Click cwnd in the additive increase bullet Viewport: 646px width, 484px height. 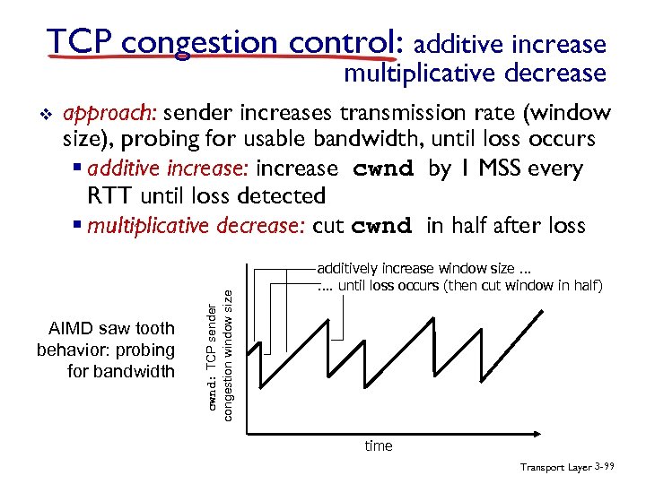click(x=385, y=169)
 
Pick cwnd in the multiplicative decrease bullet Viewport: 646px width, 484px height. click(x=382, y=226)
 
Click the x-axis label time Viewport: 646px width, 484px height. click(x=378, y=445)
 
